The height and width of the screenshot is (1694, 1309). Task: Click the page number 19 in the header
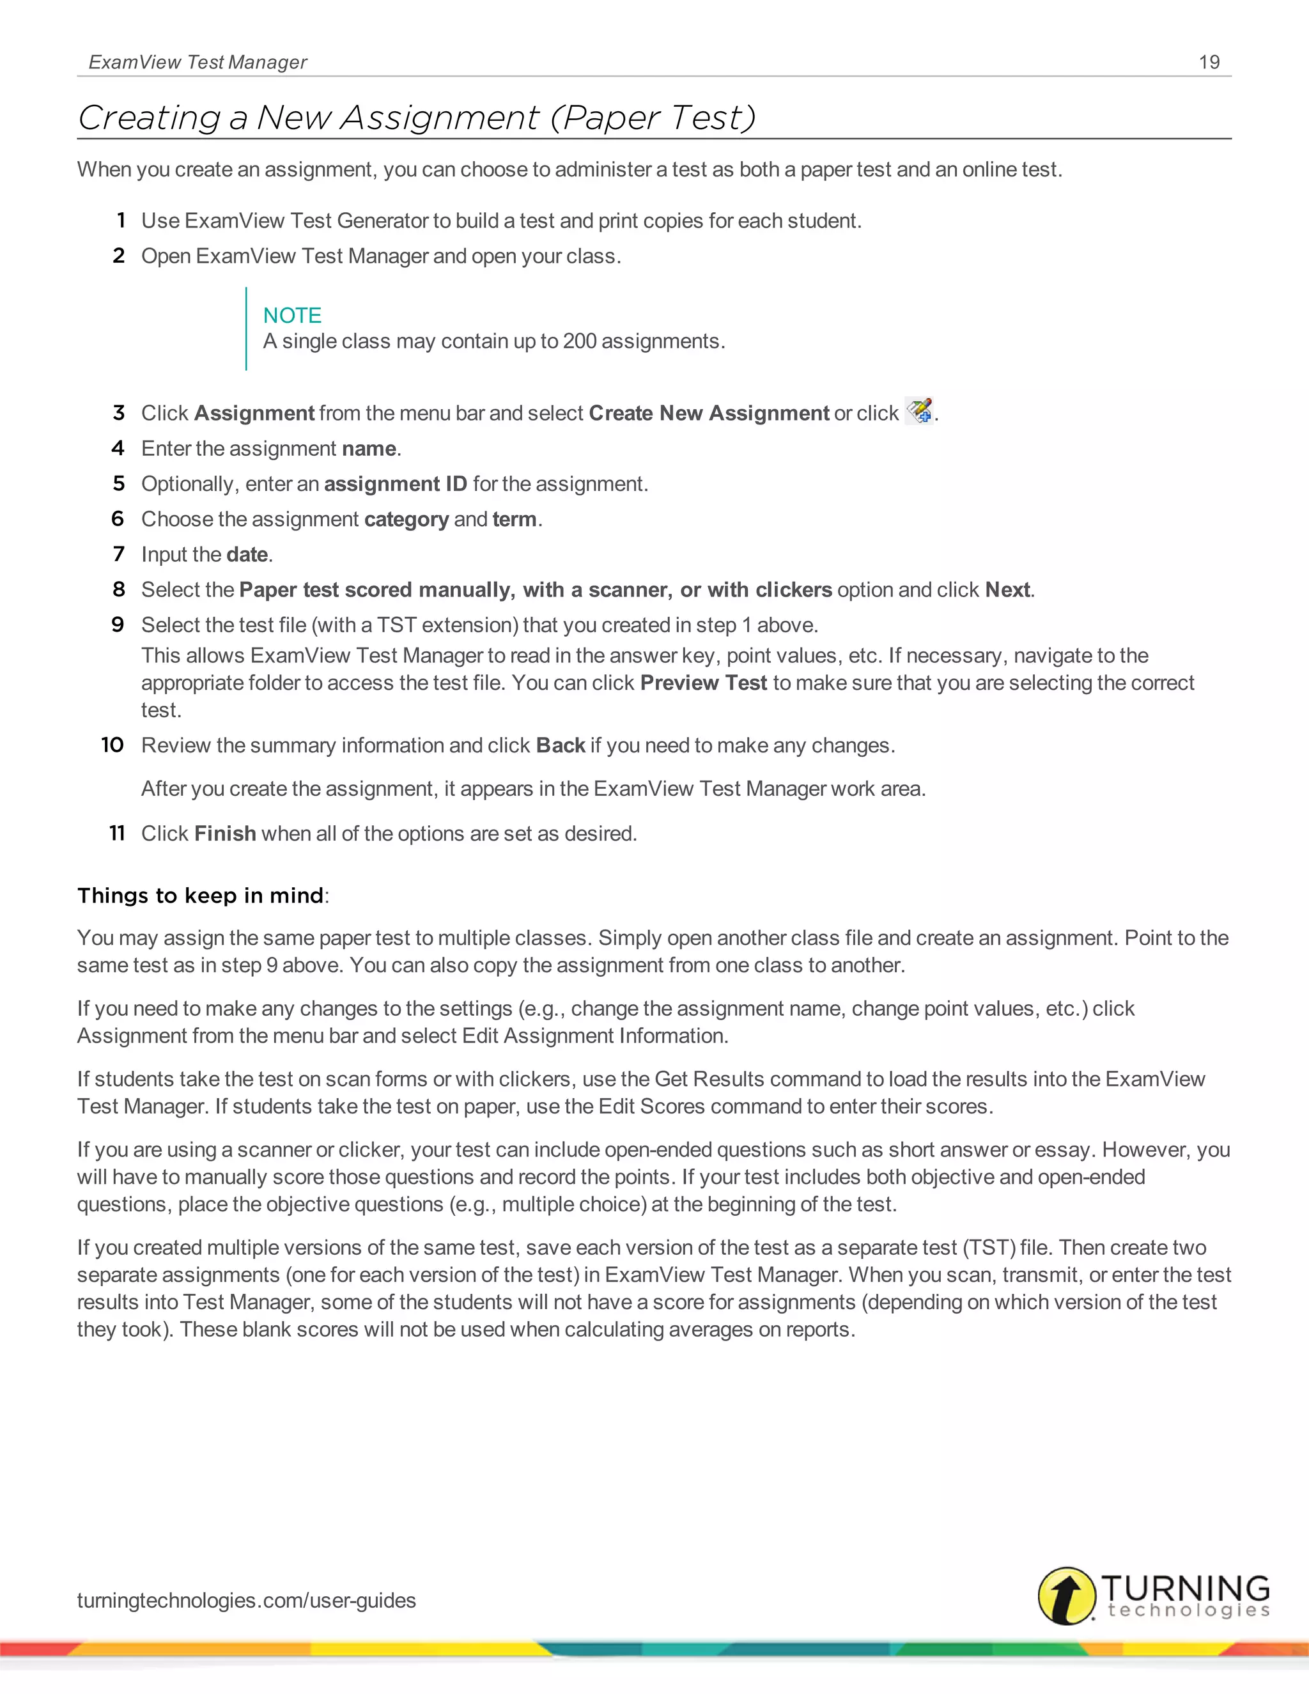[x=1209, y=62]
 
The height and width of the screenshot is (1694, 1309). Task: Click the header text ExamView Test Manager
[x=198, y=62]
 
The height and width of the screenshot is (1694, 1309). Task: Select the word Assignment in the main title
[x=439, y=118]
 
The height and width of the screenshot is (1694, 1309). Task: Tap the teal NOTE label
[x=291, y=315]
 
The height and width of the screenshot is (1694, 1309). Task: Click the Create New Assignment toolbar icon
[x=920, y=411]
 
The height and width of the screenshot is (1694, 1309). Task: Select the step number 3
[x=119, y=413]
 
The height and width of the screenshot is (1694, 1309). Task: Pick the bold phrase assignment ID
[x=395, y=484]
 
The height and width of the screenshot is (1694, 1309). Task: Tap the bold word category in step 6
[x=406, y=519]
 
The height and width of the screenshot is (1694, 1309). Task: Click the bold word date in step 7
[x=247, y=555]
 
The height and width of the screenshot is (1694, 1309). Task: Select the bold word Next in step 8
[x=1007, y=590]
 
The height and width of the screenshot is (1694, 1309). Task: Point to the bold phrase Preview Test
[x=702, y=683]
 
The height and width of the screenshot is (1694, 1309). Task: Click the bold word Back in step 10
[x=560, y=745]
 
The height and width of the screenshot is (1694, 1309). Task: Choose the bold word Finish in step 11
[x=225, y=834]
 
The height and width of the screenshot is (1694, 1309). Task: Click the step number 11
[x=117, y=834]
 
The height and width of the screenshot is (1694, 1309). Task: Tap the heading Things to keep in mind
[x=200, y=896]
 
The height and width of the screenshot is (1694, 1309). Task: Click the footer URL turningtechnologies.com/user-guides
[x=247, y=1600]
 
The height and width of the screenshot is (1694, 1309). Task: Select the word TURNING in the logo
[x=1184, y=1588]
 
